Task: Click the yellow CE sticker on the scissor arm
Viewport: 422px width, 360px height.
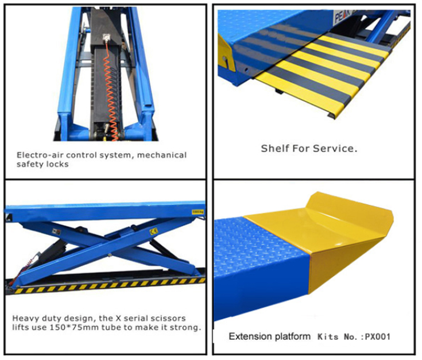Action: (x=153, y=231)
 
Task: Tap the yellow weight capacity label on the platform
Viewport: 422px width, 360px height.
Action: (x=198, y=212)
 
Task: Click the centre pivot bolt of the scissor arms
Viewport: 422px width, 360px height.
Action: (x=110, y=255)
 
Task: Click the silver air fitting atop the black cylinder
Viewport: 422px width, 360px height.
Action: (x=106, y=37)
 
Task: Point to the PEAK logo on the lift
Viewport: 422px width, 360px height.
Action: (x=343, y=16)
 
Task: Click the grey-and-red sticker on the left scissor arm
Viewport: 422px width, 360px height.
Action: (x=57, y=231)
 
